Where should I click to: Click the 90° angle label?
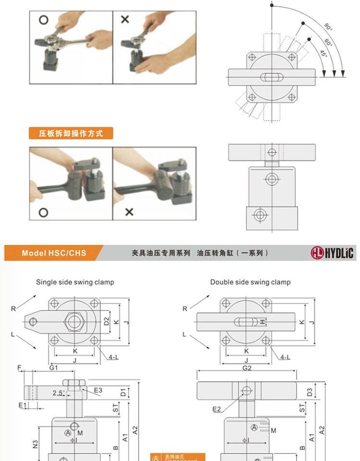click(328, 26)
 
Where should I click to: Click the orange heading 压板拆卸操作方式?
click(71, 133)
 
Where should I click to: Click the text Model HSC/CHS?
click(54, 253)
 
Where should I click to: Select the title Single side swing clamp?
click(75, 282)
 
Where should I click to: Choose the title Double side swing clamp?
click(250, 282)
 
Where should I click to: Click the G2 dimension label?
click(247, 368)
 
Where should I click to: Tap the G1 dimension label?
click(54, 368)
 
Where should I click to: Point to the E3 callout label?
click(98, 390)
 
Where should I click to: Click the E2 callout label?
click(217, 409)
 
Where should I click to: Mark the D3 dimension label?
click(310, 391)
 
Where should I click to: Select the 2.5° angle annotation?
click(59, 393)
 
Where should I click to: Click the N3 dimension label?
click(36, 444)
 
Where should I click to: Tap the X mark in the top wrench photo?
click(125, 20)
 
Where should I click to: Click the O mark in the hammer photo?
click(43, 212)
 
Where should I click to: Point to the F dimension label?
click(20, 368)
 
